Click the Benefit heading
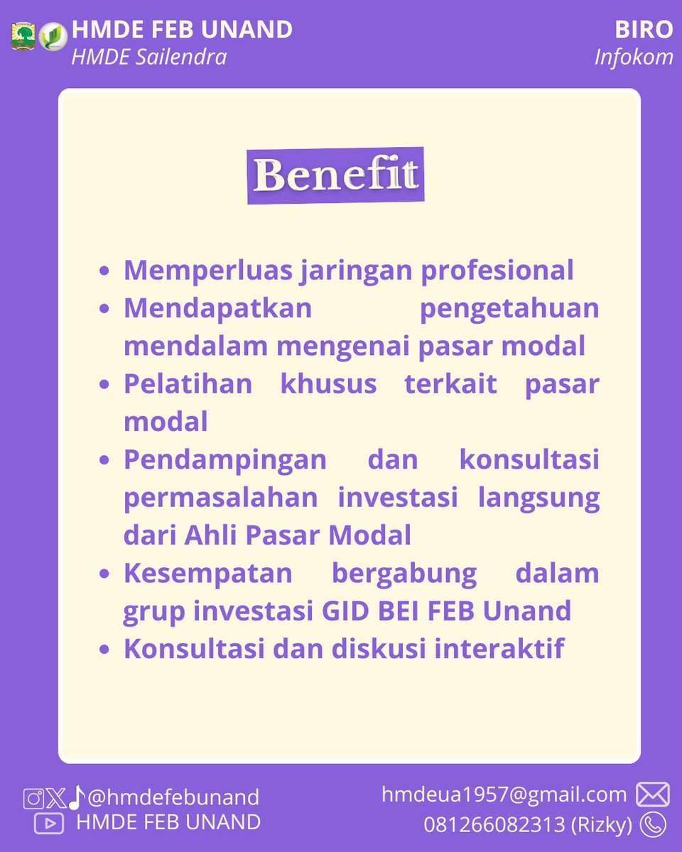point(335,175)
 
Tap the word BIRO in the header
point(644,30)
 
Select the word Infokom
point(634,57)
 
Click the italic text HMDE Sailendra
point(148,57)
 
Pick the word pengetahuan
point(509,309)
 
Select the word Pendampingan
point(225,459)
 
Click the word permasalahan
point(220,498)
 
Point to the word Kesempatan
point(208,574)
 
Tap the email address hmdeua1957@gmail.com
point(504,794)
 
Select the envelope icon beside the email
point(652,794)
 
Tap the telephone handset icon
point(652,824)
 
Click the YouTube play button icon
point(48,824)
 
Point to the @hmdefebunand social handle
point(173,797)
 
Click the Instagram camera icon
point(33,798)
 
